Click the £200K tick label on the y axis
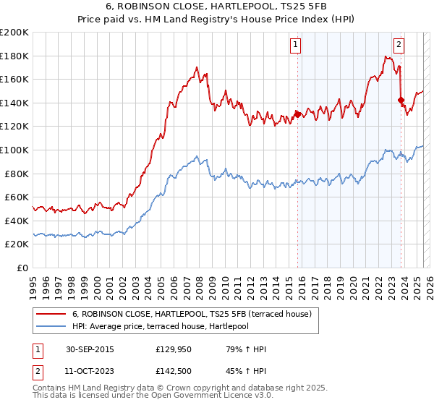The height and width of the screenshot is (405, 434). coord(14,33)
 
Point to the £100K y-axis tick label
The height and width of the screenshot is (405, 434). coord(14,150)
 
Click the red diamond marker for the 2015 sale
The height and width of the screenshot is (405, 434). coord(297,114)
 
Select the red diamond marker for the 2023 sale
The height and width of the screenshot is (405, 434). coord(400,100)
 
